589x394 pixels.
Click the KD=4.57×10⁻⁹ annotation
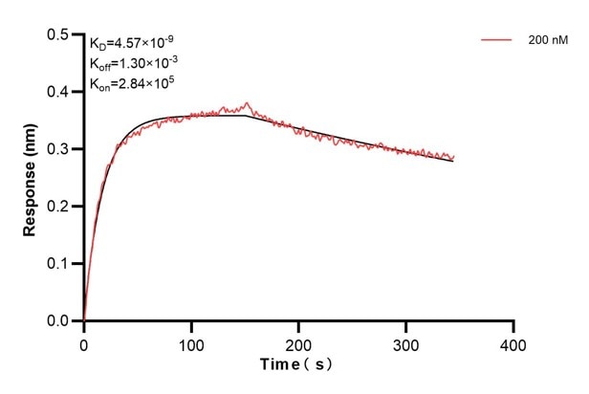coord(131,42)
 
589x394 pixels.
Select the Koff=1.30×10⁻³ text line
coord(131,62)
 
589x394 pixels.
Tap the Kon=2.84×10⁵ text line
coord(130,82)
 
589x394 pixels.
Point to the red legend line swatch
coord(498,40)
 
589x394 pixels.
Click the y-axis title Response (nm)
coord(31,179)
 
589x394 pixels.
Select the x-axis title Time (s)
coord(298,366)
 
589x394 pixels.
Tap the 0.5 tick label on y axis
coord(58,35)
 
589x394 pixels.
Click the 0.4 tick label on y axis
coord(58,93)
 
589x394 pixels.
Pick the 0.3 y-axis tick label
coord(58,150)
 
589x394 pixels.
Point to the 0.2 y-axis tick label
coord(58,207)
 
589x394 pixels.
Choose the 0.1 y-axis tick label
coord(58,264)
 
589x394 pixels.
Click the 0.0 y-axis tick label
coord(58,321)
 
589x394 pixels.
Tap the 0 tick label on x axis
coord(84,342)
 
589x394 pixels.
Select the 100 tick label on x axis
coord(191,342)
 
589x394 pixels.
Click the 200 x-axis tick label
coord(299,342)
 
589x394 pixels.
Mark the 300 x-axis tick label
coord(406,342)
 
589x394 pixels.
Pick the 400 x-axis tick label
coord(513,342)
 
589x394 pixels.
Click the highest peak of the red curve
coord(247,102)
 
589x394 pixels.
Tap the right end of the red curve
coord(454,156)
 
